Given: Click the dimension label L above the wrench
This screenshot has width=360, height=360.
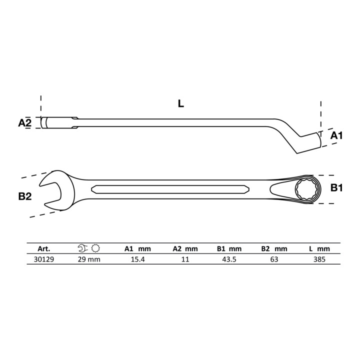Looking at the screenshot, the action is click(181, 104).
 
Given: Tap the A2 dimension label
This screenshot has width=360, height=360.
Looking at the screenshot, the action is click(24, 123).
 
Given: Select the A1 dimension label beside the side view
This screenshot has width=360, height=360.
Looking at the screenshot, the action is click(336, 135).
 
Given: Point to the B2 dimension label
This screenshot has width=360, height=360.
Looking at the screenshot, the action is click(25, 196).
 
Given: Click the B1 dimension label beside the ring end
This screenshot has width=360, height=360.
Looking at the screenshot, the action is click(336, 188).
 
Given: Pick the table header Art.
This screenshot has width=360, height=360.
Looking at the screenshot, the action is click(44, 248).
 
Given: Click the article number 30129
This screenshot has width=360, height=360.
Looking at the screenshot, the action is click(44, 259).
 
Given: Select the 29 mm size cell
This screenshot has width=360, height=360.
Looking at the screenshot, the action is click(89, 259).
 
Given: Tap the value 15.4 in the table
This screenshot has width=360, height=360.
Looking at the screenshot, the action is click(138, 259).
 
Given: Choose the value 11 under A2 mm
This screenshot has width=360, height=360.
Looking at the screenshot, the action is click(185, 259).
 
